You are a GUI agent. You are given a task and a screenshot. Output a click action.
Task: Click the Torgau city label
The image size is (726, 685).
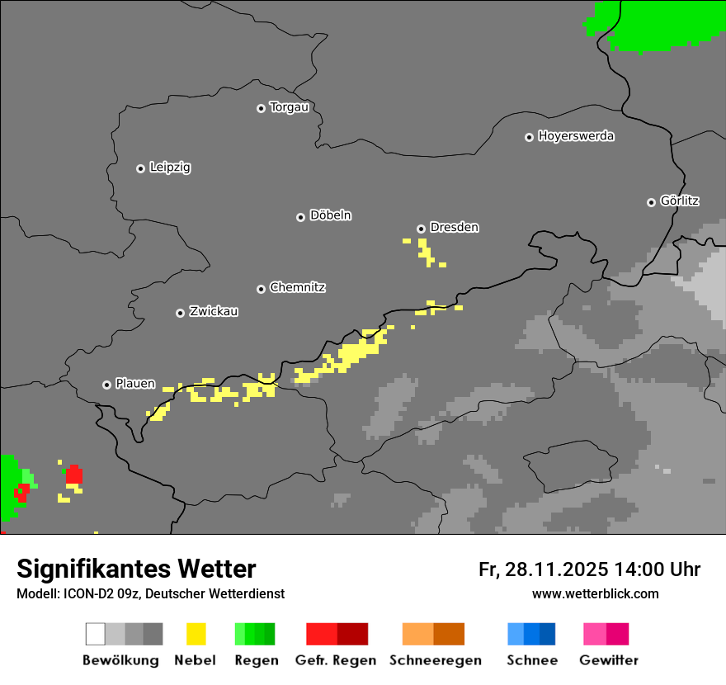coord(289,107)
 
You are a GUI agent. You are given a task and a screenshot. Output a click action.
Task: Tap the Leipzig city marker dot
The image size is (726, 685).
coord(140,168)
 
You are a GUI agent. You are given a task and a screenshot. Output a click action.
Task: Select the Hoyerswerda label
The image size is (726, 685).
coord(576,136)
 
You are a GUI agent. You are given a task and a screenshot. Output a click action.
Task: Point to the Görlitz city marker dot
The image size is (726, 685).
coord(651,202)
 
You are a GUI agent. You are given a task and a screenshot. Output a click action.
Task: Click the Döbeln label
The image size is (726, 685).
coord(330,215)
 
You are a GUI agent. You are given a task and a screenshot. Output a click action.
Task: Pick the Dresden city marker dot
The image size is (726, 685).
coord(421,229)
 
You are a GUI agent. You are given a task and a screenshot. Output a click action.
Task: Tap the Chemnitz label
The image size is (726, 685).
coord(297,288)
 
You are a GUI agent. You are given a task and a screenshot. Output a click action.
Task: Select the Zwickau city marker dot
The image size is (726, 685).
coord(180,313)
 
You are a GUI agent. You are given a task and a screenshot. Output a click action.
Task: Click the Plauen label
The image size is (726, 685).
coord(134,384)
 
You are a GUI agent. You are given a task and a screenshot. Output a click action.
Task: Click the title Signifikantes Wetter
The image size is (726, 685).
coord(136,569)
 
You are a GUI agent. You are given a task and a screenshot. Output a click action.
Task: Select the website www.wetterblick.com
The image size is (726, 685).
coord(595,593)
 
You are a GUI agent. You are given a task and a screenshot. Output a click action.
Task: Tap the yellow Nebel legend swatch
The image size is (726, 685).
coord(196,634)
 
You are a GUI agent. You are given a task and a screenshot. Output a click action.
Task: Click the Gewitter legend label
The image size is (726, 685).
coord(608,660)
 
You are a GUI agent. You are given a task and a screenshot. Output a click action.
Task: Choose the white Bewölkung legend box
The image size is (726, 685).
coord(96,634)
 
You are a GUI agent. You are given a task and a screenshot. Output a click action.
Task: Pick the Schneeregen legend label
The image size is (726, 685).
coord(435,660)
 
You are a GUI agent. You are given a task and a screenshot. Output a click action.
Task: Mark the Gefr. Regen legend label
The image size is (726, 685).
coord(336,660)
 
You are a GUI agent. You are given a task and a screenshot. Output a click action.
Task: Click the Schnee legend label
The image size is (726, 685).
coord(531,660)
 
